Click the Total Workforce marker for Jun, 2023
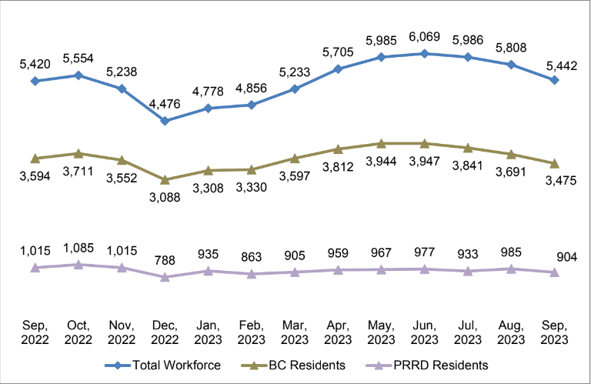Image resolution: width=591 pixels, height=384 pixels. click(424, 54)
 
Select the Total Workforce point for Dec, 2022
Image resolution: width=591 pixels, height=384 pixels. click(165, 121)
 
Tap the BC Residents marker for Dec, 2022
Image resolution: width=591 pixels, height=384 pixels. click(165, 179)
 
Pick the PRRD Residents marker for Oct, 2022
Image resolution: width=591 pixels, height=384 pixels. click(78, 264)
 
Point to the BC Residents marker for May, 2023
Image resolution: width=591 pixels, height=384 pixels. click(381, 143)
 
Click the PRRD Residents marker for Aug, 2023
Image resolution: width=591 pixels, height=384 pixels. click(510, 269)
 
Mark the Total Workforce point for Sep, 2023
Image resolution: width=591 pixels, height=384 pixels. click(554, 80)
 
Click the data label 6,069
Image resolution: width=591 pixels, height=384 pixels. click(424, 37)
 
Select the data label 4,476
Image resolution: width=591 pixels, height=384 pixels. click(165, 104)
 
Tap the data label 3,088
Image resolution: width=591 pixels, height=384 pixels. click(165, 198)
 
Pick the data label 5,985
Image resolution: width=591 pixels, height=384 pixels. click(381, 41)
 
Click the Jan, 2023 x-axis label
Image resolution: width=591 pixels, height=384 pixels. click(208, 332)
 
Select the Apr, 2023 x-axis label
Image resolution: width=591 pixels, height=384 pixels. click(338, 332)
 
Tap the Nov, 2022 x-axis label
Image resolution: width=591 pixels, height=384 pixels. click(122, 332)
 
